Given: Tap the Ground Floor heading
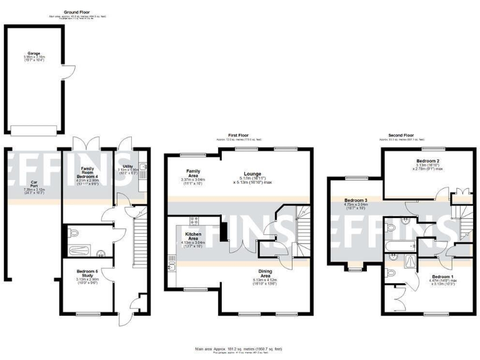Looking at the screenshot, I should tap(75, 12).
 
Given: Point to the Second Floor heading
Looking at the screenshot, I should tap(401, 135).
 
